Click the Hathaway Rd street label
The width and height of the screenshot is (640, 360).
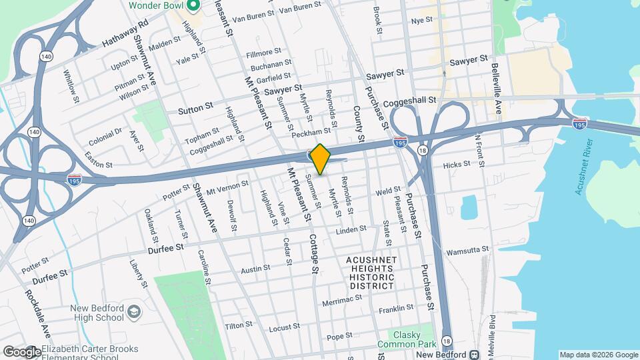[x=125, y=35]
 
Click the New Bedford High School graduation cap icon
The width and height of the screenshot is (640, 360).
[x=133, y=312]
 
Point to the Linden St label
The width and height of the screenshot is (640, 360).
[x=351, y=229]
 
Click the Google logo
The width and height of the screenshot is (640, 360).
[x=21, y=351]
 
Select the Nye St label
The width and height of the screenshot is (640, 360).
[x=422, y=21]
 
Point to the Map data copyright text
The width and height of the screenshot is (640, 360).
[x=598, y=354]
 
